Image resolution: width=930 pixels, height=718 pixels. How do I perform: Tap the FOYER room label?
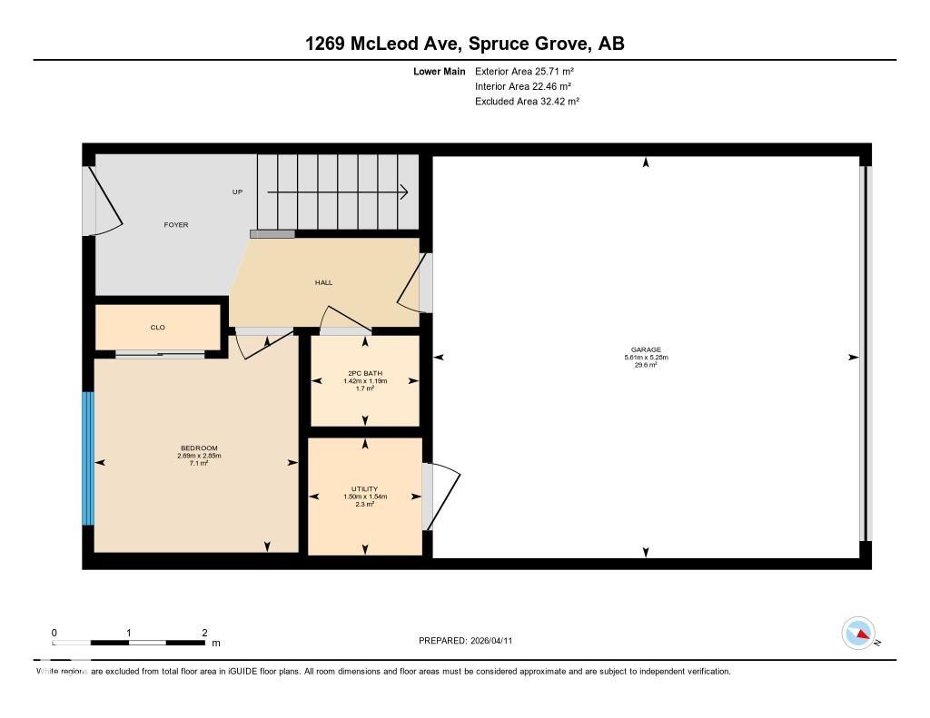click(x=175, y=224)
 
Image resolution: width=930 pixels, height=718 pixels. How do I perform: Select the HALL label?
click(x=323, y=282)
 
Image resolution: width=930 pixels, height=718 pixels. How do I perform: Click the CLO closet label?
click(x=158, y=327)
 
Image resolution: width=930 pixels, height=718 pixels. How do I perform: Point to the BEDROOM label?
click(x=199, y=448)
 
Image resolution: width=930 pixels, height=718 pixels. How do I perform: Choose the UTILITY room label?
click(x=365, y=489)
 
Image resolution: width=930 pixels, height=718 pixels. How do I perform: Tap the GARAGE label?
click(x=646, y=350)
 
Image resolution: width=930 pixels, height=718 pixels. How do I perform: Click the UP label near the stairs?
click(x=238, y=192)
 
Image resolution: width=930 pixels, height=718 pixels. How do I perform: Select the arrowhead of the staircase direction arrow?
click(x=403, y=192)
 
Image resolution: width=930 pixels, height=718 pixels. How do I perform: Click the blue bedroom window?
click(x=88, y=458)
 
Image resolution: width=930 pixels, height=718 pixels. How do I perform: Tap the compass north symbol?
click(x=859, y=633)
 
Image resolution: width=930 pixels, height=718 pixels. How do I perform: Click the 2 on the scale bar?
click(x=205, y=633)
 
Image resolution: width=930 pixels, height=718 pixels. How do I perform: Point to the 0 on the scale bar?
click(x=54, y=633)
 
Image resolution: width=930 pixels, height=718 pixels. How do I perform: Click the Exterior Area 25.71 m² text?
click(x=524, y=71)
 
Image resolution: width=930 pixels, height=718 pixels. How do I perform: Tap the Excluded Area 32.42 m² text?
click(x=527, y=102)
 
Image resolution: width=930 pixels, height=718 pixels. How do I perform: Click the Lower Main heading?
click(x=439, y=71)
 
